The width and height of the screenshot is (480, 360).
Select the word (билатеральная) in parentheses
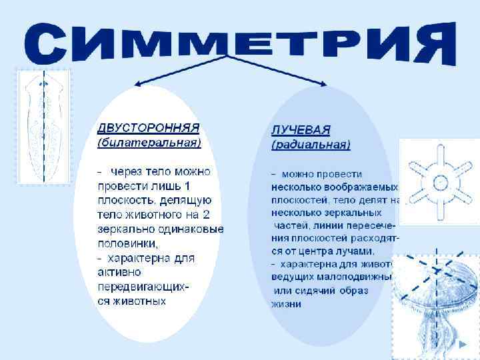pos(149,142)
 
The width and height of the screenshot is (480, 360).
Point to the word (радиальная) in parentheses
pos(311,144)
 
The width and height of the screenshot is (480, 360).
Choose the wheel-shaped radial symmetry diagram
pos(439,181)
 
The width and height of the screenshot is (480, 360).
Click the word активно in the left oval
pos(120,271)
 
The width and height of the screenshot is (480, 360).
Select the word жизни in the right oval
pos(286,304)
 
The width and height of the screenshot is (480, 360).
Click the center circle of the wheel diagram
pos(439,181)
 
